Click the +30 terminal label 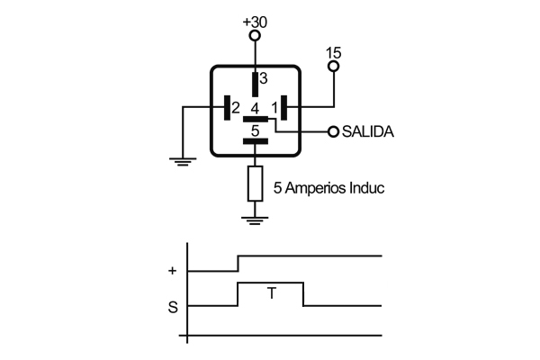(x=256, y=20)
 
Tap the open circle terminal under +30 (x=255, y=36)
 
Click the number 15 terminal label (x=334, y=52)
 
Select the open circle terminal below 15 (x=334, y=67)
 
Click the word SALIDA (x=369, y=131)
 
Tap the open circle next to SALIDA (x=334, y=131)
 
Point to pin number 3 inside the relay (x=264, y=79)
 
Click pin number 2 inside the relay (x=235, y=108)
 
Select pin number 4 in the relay (x=256, y=108)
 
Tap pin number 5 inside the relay (x=256, y=131)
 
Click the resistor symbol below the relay (x=255, y=184)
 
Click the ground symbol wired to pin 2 (x=183, y=162)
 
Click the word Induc (x=368, y=189)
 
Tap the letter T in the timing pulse (x=270, y=292)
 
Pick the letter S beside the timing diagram (x=172, y=307)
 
